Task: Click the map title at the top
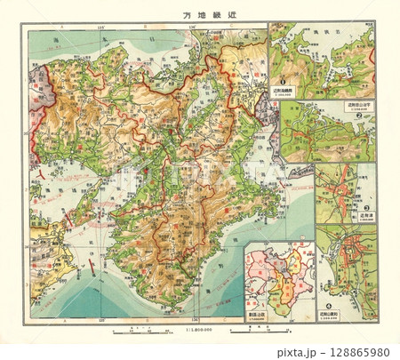pos(200,14)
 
